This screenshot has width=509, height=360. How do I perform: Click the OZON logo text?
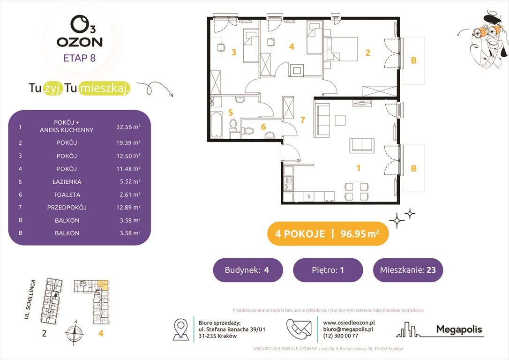click(x=80, y=41)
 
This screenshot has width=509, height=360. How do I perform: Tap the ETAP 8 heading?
click(x=80, y=59)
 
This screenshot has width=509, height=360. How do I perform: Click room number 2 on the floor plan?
click(x=368, y=53)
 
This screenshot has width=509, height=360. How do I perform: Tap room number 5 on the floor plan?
click(x=230, y=112)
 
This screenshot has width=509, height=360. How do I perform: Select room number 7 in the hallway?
click(x=302, y=120)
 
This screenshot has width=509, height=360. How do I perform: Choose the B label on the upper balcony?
click(x=413, y=60)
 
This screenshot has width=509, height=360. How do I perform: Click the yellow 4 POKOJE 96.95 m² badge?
click(x=328, y=233)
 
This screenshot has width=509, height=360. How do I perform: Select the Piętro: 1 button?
click(x=328, y=270)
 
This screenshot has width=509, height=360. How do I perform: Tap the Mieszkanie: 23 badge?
click(x=408, y=270)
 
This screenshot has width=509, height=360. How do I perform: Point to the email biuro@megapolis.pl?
click(x=348, y=329)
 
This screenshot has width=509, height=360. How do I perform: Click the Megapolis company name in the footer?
click(x=459, y=330)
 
